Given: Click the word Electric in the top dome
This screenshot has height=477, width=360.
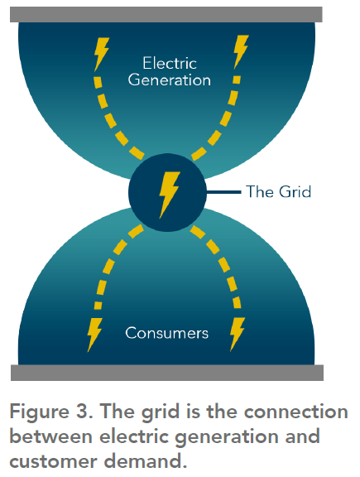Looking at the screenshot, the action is coord(170,63).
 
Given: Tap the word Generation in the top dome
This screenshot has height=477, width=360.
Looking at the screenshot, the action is coord(170,80).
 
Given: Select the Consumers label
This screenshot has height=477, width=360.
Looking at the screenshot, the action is coord(166,333).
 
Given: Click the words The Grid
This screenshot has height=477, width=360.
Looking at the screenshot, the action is coord(279,191).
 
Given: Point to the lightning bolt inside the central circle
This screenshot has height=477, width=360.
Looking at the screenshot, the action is coord(169,195).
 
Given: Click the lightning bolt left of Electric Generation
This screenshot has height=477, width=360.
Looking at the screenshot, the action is coord(101,55).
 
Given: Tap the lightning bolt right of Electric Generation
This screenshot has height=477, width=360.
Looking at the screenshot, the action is coord(241,52).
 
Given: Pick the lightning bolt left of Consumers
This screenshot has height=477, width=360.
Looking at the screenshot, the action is coord(94,335).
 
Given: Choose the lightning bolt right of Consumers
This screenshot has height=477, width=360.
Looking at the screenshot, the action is coord(238,335).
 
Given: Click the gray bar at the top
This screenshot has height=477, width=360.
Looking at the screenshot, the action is coord(166,14).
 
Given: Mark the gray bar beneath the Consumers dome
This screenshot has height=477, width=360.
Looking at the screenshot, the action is coord(167,373).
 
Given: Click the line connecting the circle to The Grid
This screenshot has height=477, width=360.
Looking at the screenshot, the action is coord(223,192).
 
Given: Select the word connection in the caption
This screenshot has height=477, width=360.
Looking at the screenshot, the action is coord(295,412).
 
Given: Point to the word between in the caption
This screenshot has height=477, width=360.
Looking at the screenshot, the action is coord(51,436).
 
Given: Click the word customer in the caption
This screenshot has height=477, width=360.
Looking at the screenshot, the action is coord(53,462).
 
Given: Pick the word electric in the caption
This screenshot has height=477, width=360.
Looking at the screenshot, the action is coord(134,436).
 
